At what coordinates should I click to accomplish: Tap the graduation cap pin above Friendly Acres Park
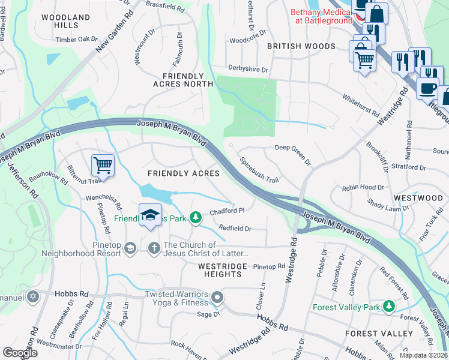[150, 214]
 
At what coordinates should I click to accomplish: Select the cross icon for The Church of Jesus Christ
[154, 248]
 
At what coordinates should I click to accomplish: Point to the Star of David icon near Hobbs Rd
[33, 296]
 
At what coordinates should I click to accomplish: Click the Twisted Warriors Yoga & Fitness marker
[217, 296]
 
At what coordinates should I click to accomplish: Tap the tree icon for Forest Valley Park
[389, 307]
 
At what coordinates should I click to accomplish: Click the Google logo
[20, 353]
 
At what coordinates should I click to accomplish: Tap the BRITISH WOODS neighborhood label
[301, 46]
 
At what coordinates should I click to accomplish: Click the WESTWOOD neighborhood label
[418, 197]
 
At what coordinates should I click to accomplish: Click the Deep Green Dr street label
[293, 154]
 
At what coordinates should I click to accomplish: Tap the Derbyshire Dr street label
[248, 70]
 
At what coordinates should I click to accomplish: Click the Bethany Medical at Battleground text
[321, 16]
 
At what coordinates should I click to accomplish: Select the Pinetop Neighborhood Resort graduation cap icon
[130, 248]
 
